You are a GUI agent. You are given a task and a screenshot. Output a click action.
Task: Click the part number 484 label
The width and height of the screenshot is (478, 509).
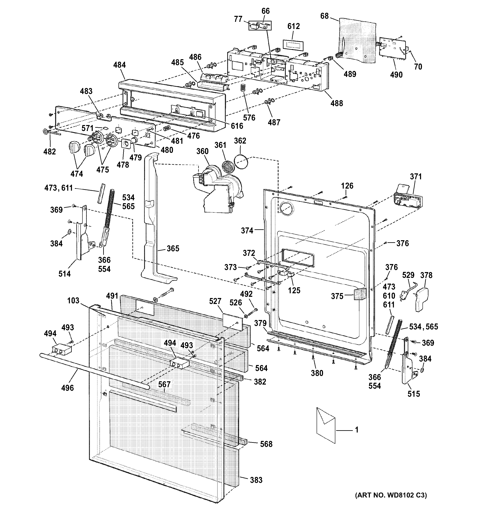point(119,65)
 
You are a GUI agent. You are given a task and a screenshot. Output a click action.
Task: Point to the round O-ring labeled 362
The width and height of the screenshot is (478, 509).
point(241,162)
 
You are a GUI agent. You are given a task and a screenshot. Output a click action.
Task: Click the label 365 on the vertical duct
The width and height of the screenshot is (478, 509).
point(173,248)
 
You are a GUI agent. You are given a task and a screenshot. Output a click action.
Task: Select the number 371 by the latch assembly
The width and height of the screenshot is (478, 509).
point(416,176)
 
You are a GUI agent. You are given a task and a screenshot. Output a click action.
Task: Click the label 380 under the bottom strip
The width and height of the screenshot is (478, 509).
point(317,373)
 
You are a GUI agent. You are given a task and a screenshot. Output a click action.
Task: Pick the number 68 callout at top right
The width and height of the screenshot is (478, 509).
point(324,16)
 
